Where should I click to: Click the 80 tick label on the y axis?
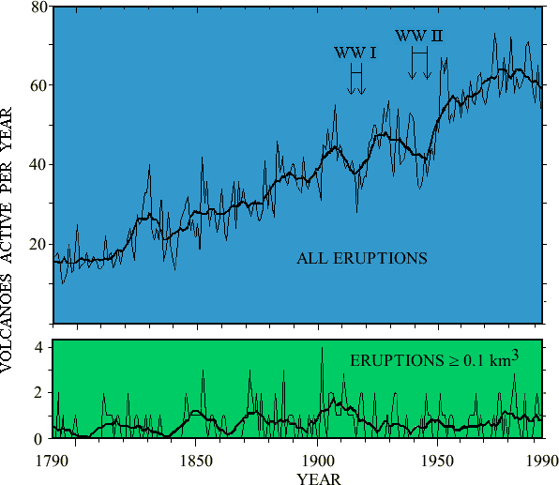(37, 8)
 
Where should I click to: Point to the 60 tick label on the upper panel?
(37, 85)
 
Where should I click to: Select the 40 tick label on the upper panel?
(37, 164)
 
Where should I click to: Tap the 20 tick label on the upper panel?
(37, 244)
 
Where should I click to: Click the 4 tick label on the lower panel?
(40, 347)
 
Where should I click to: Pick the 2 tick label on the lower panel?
(40, 393)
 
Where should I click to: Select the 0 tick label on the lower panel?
(40, 438)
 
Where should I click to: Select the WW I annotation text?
(355, 53)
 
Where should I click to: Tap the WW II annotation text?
(419, 36)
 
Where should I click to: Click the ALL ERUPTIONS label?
(362, 258)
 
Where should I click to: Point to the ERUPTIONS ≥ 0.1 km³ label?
(434, 358)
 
